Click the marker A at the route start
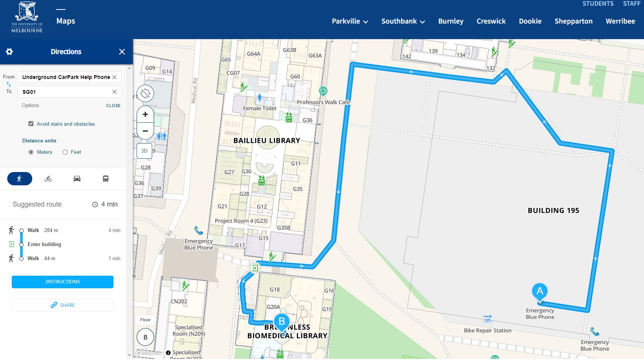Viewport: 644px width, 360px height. tap(540, 292)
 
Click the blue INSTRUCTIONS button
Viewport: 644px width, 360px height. tap(63, 282)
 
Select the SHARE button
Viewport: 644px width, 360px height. tap(63, 305)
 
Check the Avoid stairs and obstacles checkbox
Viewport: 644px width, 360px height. tap(31, 124)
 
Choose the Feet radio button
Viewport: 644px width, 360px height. tap(65, 152)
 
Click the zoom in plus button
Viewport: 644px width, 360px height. tap(145, 114)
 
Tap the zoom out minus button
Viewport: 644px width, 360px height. tap(145, 131)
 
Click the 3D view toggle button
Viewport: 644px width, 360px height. tap(144, 151)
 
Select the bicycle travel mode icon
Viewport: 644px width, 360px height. tap(48, 179)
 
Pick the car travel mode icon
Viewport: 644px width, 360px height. tap(77, 179)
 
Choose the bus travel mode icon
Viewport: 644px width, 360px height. tap(106, 179)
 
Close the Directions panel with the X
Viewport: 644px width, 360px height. tap(122, 52)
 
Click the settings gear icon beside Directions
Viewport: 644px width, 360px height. tap(9, 52)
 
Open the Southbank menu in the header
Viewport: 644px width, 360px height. tap(403, 21)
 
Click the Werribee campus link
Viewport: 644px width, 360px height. tap(620, 21)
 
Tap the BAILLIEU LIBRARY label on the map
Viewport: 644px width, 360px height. tap(267, 141)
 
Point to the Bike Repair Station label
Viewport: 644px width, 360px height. tap(488, 330)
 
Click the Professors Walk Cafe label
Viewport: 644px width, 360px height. tap(323, 102)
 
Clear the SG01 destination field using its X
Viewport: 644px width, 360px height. tap(114, 92)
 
